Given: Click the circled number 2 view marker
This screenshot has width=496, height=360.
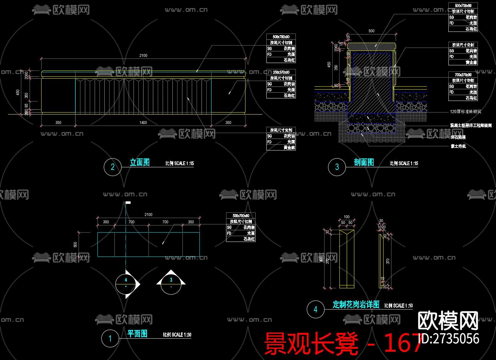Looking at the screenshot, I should click(112, 167).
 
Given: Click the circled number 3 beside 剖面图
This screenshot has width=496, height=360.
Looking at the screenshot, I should click(337, 167).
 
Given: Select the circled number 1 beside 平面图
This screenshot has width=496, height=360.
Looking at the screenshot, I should click(110, 338).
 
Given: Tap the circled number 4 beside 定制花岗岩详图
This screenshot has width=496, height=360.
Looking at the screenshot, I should click(315, 309).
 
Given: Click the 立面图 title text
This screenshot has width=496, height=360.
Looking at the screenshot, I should click(140, 163).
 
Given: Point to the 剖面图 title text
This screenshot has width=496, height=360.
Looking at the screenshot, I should click(364, 163).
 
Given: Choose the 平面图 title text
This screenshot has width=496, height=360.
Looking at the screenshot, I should click(137, 334).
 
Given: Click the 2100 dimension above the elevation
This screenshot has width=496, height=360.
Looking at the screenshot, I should click(143, 56).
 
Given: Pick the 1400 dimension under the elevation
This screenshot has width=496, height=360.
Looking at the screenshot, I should click(143, 123).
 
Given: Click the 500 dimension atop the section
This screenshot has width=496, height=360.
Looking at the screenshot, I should click(371, 31).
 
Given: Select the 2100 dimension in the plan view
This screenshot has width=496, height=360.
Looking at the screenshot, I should click(148, 215).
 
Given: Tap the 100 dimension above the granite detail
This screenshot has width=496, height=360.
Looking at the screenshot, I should click(347, 217).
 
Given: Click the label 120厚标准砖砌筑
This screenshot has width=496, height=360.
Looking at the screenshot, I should click(465, 112).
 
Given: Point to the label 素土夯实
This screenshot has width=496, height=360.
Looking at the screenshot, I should click(458, 146).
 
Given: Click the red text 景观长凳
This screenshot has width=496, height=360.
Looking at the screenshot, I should click(311, 344).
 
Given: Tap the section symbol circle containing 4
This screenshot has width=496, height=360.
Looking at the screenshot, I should click(126, 283).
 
